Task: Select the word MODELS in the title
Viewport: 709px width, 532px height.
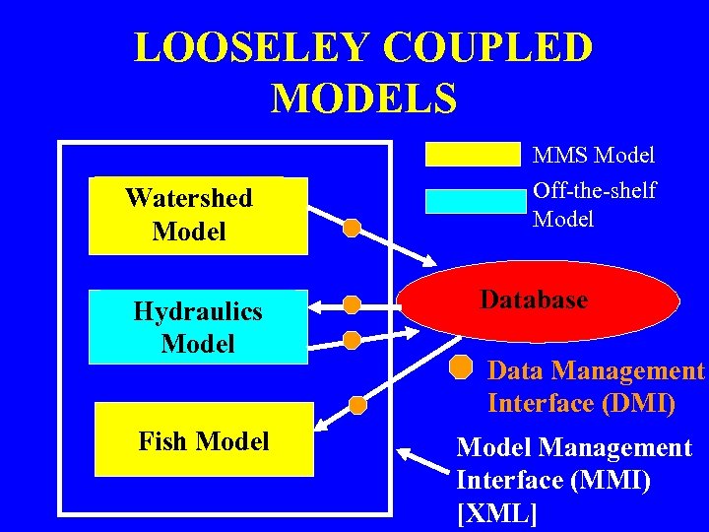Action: click(x=363, y=99)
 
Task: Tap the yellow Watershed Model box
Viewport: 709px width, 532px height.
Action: click(x=198, y=215)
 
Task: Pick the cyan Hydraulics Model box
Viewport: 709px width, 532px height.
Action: click(x=198, y=327)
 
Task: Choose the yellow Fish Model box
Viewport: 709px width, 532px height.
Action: click(x=204, y=441)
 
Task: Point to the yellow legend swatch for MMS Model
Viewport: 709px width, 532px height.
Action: click(x=472, y=155)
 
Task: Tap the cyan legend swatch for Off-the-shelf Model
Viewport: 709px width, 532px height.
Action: click(x=476, y=200)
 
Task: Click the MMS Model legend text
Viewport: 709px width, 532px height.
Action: click(x=594, y=156)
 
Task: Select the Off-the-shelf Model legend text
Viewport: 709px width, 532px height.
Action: click(x=594, y=204)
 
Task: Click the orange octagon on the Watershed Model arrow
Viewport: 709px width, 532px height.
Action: click(x=352, y=229)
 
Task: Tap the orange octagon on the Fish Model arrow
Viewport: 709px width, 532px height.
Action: click(x=358, y=404)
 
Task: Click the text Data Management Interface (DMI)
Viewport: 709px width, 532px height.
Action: click(x=596, y=387)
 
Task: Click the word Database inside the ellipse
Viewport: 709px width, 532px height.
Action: click(x=535, y=299)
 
